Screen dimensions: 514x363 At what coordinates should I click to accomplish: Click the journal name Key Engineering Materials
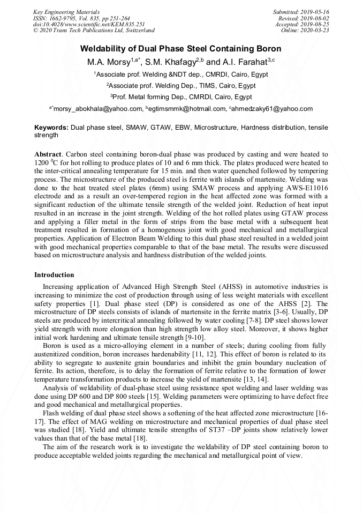[x=66, y=12]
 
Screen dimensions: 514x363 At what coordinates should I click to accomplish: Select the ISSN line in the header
[x=81, y=18]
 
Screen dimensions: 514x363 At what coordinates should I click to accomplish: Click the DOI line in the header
[x=88, y=25]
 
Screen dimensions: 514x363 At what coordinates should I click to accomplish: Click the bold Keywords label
[x=51, y=128]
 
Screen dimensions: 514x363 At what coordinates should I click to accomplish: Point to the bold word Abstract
[x=48, y=154]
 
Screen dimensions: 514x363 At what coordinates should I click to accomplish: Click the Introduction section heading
[x=54, y=275]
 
